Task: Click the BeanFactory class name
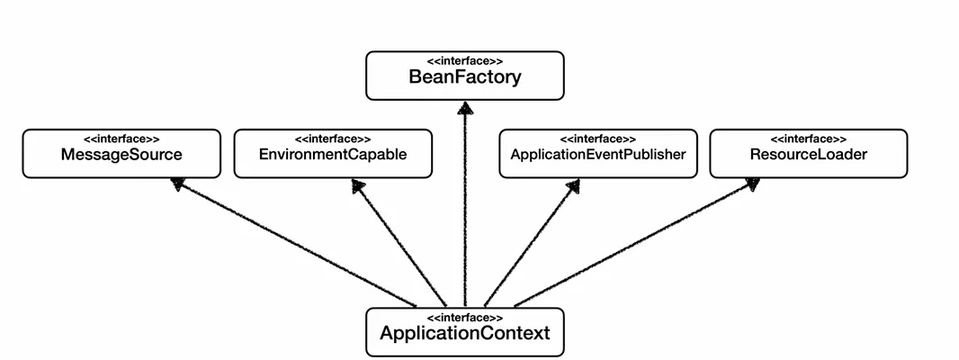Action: (464, 77)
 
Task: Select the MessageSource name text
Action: (121, 155)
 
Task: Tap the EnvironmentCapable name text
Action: (333, 155)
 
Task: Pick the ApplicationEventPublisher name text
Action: (597, 155)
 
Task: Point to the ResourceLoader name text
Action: (808, 155)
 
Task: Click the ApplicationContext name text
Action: (464, 334)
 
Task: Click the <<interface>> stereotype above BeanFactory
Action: (464, 60)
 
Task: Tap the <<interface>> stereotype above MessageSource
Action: (121, 139)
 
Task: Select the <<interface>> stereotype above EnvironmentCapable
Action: (333, 139)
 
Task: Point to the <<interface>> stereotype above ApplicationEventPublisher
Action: (597, 139)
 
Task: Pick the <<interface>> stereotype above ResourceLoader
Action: (808, 139)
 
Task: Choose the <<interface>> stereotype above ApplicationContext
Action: (464, 318)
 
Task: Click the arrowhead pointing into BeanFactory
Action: (464, 108)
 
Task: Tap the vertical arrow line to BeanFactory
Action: (464, 207)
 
